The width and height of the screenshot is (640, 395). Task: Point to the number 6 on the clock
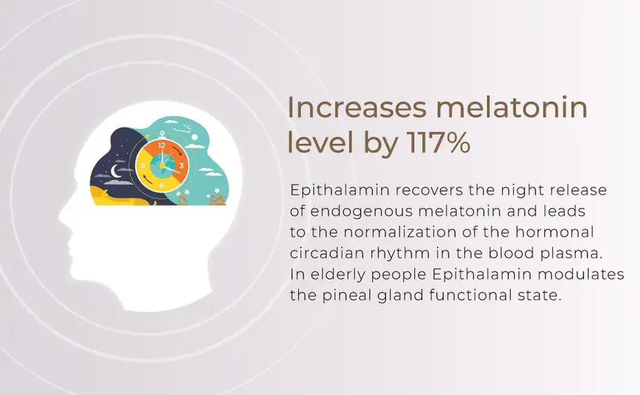coord(162,185)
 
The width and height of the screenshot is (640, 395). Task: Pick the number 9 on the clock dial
coord(143,166)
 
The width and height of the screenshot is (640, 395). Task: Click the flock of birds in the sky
coord(187,128)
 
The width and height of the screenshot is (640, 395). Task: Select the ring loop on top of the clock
coord(162,131)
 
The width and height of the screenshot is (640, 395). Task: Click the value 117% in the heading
coord(438,143)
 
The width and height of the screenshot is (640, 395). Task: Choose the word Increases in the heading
coord(357,109)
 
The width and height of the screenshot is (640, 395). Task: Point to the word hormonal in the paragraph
coord(562,232)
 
